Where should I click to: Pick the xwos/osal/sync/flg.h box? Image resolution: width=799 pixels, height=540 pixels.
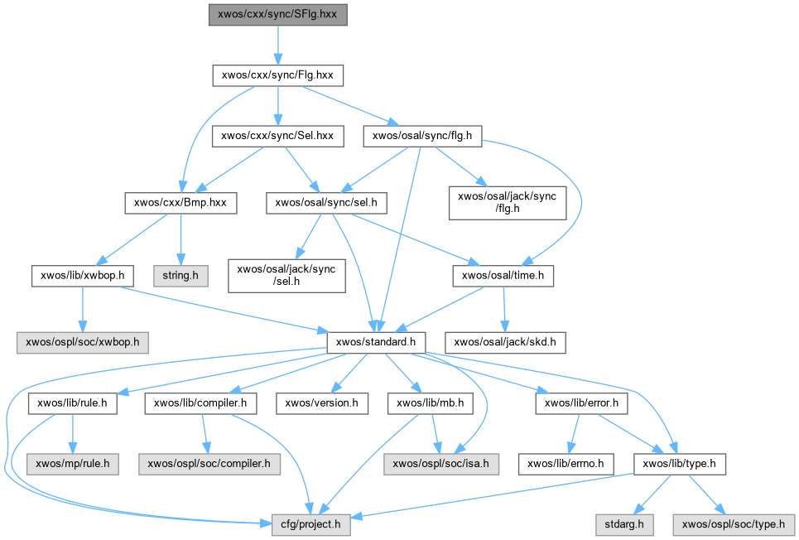coord(422,136)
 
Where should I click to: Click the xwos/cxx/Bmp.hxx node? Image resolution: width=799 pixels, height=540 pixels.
coord(180,201)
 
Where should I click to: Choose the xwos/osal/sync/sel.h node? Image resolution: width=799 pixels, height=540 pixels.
coord(326,201)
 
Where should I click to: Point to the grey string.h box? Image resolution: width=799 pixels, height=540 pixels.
coord(180,274)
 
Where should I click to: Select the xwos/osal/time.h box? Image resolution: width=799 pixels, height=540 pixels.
coord(503,274)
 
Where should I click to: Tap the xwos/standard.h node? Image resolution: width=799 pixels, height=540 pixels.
coord(377,341)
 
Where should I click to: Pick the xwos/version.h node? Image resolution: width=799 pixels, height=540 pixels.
coord(321,404)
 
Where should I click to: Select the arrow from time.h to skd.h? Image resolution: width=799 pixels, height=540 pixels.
coord(504,308)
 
